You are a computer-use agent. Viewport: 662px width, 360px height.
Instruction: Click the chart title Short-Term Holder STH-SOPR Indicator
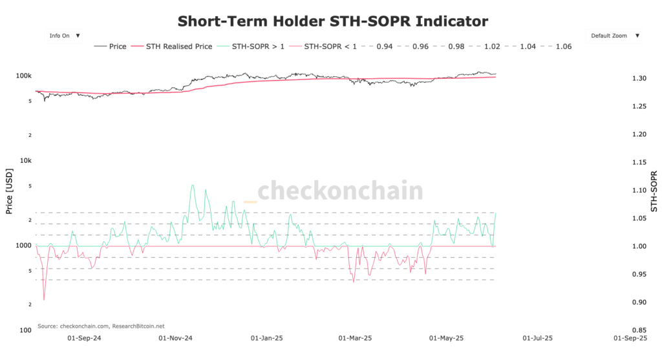tap(332, 21)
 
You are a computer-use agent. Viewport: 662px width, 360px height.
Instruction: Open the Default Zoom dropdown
tap(615, 36)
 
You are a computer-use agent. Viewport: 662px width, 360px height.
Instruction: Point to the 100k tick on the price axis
tap(24, 76)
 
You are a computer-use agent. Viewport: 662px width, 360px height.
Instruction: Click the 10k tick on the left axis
tap(26, 160)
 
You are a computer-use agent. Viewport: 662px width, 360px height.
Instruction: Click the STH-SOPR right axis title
tap(654, 192)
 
